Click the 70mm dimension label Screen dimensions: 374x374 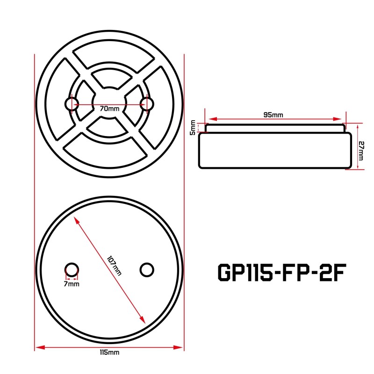click(x=110, y=108)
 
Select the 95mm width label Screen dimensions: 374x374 click(x=273, y=114)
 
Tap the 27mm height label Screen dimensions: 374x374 click(x=360, y=151)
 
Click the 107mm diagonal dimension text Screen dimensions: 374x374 click(x=114, y=265)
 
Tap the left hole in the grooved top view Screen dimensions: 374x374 click(x=72, y=103)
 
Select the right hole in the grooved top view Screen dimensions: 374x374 click(x=147, y=103)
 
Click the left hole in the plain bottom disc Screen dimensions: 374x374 click(x=72, y=269)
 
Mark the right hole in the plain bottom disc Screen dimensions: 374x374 click(x=147, y=269)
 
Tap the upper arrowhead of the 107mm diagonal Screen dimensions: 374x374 click(x=76, y=219)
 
